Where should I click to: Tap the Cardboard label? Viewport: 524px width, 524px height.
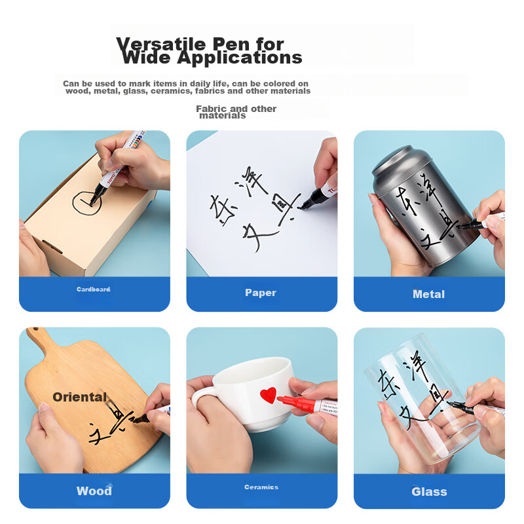point(93,289)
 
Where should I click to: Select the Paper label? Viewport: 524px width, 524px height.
point(261,293)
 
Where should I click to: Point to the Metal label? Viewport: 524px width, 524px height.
point(428,294)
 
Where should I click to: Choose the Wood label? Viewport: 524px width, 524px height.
point(94,491)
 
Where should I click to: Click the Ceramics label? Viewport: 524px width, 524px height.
point(261,487)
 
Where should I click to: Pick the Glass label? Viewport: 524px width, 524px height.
point(429,491)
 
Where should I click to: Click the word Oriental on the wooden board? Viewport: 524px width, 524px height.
point(79,397)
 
